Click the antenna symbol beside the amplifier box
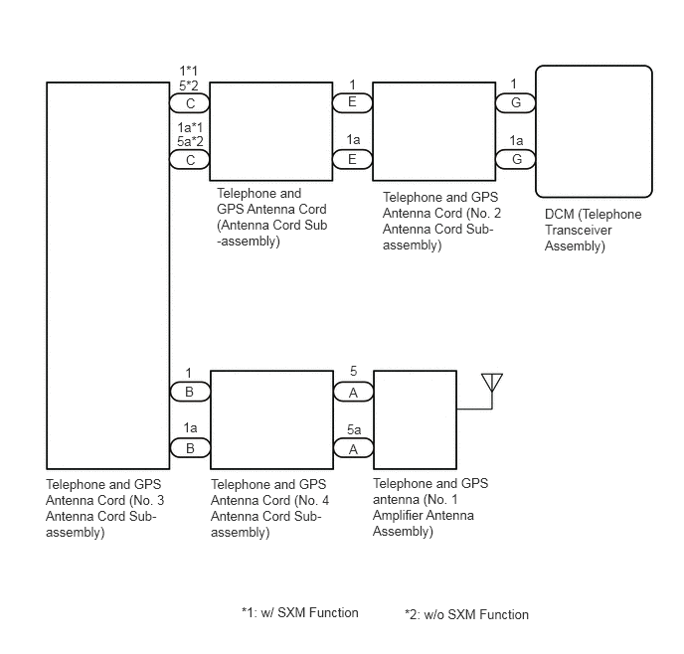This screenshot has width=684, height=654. pos(492,383)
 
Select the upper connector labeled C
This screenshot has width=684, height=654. pos(190,103)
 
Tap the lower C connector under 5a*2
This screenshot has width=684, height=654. pos(190,160)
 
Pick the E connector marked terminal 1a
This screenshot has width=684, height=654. pos(353,159)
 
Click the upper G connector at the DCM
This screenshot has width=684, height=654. pos(516,103)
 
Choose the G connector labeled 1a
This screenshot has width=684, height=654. pos(516,159)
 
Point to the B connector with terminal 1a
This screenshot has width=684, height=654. pos(190,448)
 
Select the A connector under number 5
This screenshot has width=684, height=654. pos(353,393)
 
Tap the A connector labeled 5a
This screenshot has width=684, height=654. pos(353,448)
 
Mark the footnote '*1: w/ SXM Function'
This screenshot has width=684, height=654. pos(300,612)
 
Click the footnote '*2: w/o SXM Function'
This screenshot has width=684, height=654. pos(466,614)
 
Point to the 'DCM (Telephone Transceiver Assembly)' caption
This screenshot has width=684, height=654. pos(593,231)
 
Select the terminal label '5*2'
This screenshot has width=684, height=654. pos(189,85)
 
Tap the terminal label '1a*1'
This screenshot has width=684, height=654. pos(190,128)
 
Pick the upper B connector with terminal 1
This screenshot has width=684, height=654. pos(190,392)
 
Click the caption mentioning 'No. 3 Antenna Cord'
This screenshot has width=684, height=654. pos(104,508)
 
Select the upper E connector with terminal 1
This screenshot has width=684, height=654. pos(353,102)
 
